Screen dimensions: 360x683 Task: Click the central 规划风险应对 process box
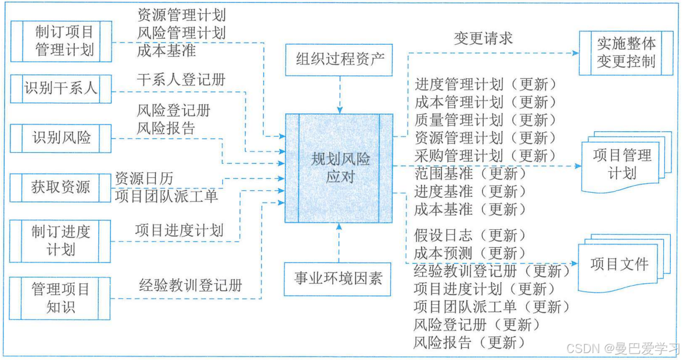pos(339,168)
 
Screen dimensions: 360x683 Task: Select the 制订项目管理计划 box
pos(61,41)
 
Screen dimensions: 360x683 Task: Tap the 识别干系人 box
pos(61,89)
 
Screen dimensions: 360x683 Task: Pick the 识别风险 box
pos(61,138)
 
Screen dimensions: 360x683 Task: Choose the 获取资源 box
pos(61,187)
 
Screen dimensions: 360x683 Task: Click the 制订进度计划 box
pos(61,240)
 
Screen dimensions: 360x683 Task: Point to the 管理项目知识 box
pos(61,298)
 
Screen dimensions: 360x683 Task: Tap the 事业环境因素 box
pos(339,279)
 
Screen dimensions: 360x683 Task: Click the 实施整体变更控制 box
pos(626,52)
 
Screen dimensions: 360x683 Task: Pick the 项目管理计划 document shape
pos(621,164)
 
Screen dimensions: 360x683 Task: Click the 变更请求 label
pos(483,39)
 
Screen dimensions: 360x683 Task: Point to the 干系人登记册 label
pos(181,79)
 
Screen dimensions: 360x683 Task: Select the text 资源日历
pos(144,178)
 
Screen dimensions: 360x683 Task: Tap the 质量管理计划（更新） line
pos(486,120)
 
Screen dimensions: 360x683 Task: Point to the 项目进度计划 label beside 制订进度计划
pos(179,231)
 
